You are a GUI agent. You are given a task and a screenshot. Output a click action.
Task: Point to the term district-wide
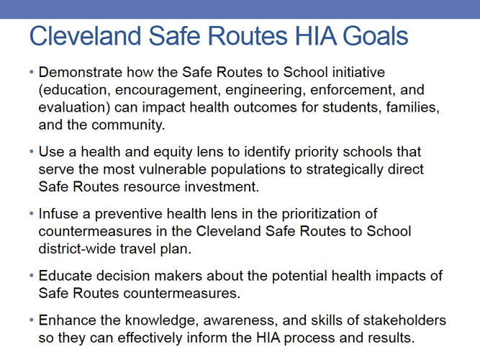[x=77, y=247]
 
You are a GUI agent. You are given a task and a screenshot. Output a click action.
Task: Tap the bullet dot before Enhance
[x=32, y=320]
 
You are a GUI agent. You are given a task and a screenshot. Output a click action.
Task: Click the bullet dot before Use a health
[x=32, y=152]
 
